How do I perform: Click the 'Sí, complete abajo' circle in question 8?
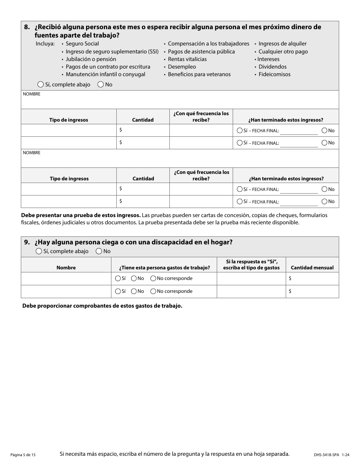41,84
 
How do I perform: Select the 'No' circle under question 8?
100,84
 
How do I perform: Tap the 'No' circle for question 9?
99,251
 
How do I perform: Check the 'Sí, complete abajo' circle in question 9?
39,251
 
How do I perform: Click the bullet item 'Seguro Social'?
82,44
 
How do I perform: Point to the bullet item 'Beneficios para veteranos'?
199,74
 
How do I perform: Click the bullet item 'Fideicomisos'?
274,74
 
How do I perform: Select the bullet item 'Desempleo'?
182,67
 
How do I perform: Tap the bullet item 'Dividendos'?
272,67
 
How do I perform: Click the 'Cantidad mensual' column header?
312,267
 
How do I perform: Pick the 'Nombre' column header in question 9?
66,267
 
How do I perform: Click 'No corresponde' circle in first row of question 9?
153,278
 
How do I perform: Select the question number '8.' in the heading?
27,27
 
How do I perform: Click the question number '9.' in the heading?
27,242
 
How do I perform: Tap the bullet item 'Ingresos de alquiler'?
282,44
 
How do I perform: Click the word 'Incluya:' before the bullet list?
45,44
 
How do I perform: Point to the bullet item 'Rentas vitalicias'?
187,59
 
